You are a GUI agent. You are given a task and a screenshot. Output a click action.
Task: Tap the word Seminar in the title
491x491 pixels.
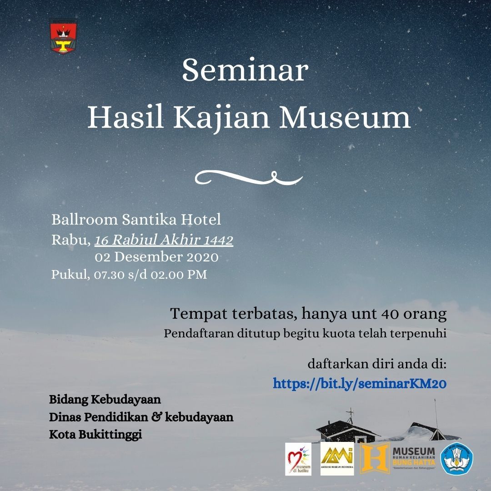coord(245,70)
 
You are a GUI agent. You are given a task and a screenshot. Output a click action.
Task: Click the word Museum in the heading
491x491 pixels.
coord(345,118)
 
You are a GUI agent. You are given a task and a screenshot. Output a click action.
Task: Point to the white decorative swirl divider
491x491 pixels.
coord(249,178)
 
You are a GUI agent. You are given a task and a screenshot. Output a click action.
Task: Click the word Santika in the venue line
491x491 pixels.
coord(150,220)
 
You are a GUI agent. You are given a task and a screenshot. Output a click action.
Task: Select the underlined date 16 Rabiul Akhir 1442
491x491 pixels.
coord(164,240)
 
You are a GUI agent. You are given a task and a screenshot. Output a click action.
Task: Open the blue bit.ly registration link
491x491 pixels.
coord(360,384)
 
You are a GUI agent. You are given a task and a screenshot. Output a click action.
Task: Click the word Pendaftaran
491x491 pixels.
coord(199,334)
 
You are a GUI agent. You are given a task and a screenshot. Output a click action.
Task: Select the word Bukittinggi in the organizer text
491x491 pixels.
coord(110,435)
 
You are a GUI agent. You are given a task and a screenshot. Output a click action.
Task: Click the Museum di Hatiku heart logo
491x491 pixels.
coord(298,459)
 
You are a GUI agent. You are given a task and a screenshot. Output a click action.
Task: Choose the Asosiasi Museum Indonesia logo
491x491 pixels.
coord(337,459)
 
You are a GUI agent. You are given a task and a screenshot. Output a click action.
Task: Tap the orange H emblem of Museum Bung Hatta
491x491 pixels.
coord(375,458)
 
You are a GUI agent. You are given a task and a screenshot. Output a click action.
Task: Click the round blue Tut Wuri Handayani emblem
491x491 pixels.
coord(456,458)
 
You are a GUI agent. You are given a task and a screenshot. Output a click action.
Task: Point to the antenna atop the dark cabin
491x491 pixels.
coord(350,416)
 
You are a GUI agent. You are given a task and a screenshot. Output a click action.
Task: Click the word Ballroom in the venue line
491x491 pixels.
coord(85,220)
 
